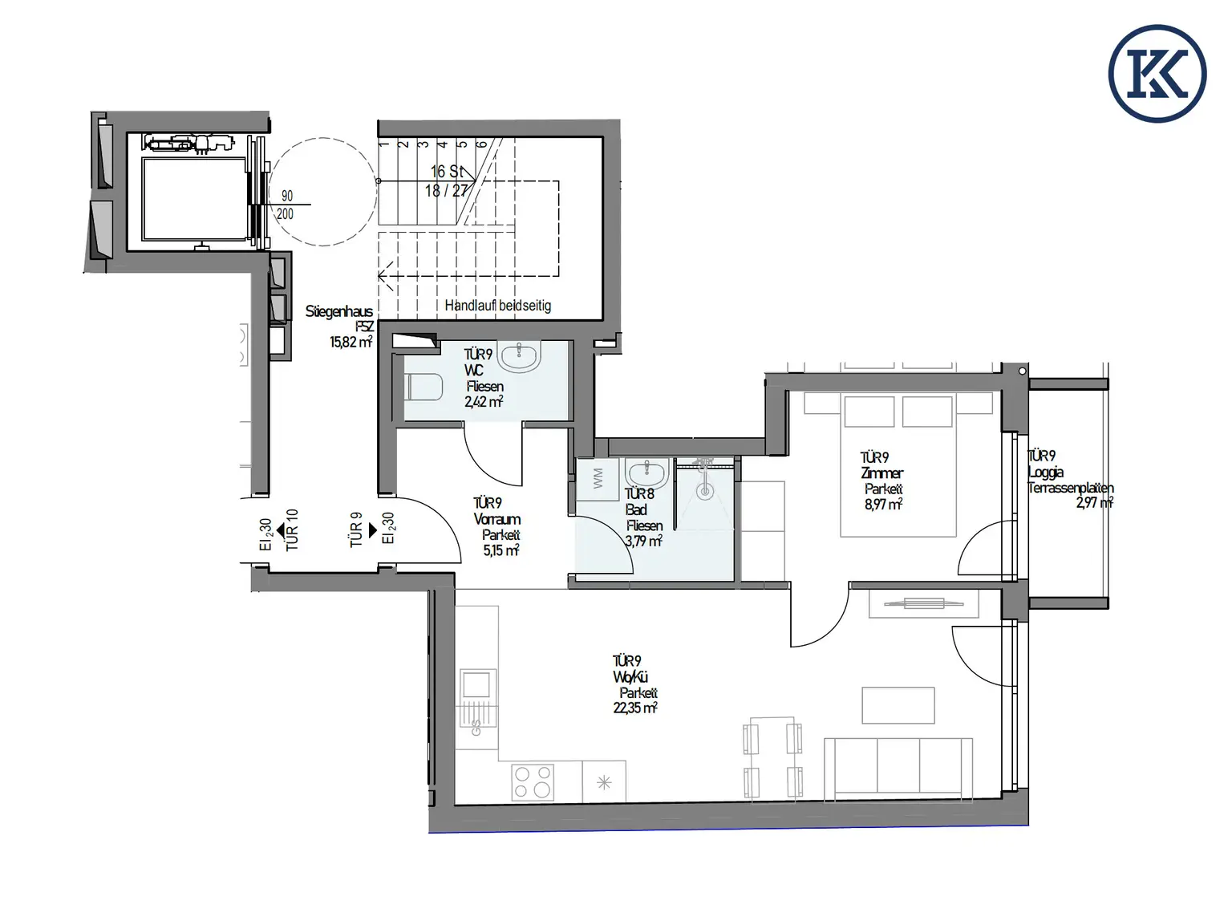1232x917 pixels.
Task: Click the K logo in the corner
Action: pos(1157,73)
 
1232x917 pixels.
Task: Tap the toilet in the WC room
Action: pos(424,388)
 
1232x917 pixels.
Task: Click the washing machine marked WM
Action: pos(596,481)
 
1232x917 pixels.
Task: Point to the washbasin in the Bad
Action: pos(642,474)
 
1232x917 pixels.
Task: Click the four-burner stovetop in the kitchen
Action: pos(533,782)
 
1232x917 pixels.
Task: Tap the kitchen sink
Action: pos(476,684)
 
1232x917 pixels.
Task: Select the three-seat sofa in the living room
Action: pos(898,766)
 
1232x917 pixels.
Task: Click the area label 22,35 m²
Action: pos(635,708)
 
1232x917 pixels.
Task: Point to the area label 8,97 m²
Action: pos(883,505)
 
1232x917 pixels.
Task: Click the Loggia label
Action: pos(1046,473)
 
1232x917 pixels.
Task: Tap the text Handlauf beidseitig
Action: pos(497,306)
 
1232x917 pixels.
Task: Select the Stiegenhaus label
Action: pos(338,311)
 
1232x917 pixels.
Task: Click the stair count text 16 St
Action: pos(446,172)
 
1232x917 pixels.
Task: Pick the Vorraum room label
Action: pos(497,519)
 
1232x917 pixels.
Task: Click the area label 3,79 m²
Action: pos(643,542)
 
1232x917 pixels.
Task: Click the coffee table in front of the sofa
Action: pos(898,705)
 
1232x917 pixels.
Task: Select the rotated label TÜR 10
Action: pos(292,530)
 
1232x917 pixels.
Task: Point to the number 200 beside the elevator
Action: pos(285,214)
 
